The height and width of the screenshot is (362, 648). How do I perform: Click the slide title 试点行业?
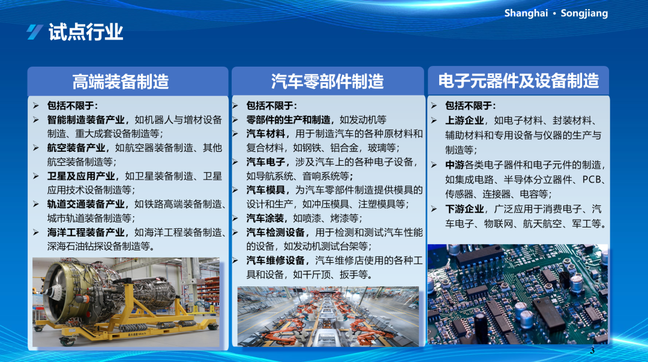pyautogui.click(x=86, y=32)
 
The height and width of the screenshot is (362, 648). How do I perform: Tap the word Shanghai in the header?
pyautogui.click(x=526, y=13)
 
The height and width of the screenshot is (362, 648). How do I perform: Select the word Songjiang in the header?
pyautogui.click(x=584, y=13)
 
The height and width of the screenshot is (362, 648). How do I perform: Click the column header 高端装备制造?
pyautogui.click(x=121, y=82)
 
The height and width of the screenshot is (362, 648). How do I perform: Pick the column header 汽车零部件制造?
pyautogui.click(x=328, y=82)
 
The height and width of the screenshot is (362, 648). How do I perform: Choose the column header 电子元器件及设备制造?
pyautogui.click(x=518, y=81)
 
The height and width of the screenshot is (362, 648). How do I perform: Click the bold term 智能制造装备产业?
pyautogui.click(x=86, y=120)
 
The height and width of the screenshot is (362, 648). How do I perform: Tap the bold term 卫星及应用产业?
pyautogui.click(x=81, y=176)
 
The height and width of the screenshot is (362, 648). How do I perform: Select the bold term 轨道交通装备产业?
pyautogui.click(x=86, y=204)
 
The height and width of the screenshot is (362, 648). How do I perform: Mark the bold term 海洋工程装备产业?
pyautogui.click(x=86, y=232)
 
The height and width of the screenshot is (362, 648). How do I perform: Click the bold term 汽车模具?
pyautogui.click(x=266, y=190)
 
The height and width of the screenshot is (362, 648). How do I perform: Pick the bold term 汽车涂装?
pyautogui.click(x=266, y=219)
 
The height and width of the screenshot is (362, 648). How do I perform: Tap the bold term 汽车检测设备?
pyautogui.click(x=275, y=232)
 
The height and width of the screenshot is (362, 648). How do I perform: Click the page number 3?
pyautogui.click(x=592, y=351)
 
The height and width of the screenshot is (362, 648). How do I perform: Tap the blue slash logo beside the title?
pyautogui.click(x=35, y=32)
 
